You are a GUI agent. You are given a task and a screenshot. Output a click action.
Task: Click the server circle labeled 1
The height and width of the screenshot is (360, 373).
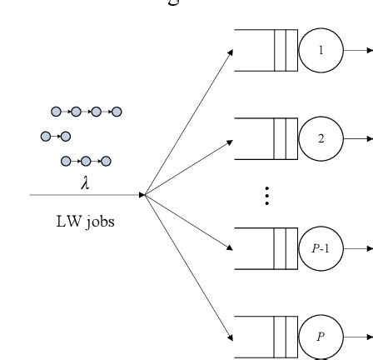(x=322, y=48)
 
